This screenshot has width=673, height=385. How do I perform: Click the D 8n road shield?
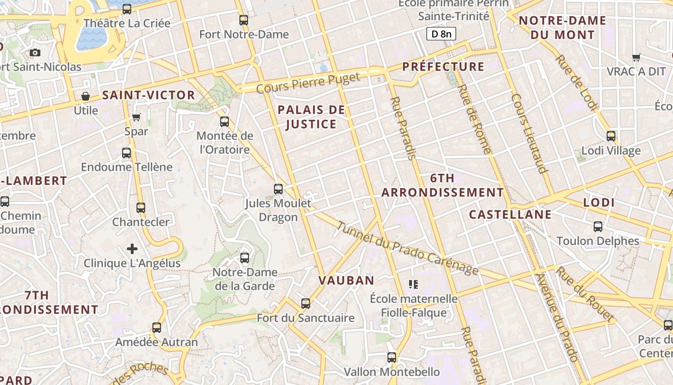(x=441, y=34)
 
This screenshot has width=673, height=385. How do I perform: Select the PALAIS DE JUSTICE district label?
(x=312, y=117)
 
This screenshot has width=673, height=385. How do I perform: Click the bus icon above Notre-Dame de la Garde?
(x=245, y=258)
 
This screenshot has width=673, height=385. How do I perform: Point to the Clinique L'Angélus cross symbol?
(x=132, y=249)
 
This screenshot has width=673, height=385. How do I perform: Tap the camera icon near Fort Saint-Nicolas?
(x=35, y=53)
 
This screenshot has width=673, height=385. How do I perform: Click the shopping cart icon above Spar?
(x=137, y=117)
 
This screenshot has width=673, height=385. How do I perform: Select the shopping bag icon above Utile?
(x=86, y=96)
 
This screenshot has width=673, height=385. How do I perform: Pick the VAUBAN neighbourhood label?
(x=346, y=281)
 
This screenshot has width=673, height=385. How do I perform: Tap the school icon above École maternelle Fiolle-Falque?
(x=413, y=284)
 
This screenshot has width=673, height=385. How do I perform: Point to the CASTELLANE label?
(x=510, y=215)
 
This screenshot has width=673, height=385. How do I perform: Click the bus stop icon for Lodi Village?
(x=611, y=136)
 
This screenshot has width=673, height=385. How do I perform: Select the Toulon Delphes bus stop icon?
(x=598, y=227)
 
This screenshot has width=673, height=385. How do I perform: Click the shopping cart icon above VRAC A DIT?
(x=637, y=57)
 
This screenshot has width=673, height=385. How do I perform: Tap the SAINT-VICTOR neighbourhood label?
(x=149, y=95)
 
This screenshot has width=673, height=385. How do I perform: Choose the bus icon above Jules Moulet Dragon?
(x=278, y=189)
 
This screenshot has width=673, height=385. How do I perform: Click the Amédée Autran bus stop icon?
(x=157, y=328)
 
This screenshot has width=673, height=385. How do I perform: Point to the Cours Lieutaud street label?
(x=529, y=133)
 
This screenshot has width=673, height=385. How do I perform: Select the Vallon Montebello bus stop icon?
(x=392, y=358)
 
